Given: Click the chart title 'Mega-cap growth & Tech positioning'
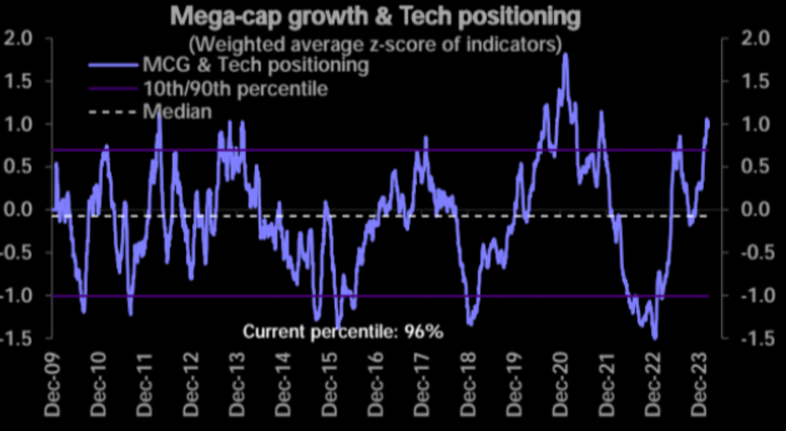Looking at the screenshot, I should (375, 18).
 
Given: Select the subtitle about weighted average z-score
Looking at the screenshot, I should (375, 44).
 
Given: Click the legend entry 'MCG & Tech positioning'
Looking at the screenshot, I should (255, 65).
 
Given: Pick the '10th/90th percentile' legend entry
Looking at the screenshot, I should (235, 89).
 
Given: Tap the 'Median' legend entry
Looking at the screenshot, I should (177, 112).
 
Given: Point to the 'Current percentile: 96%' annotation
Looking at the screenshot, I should (343, 331).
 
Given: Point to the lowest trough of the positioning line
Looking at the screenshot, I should (655, 338).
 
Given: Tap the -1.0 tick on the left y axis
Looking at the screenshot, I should (18, 296).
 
